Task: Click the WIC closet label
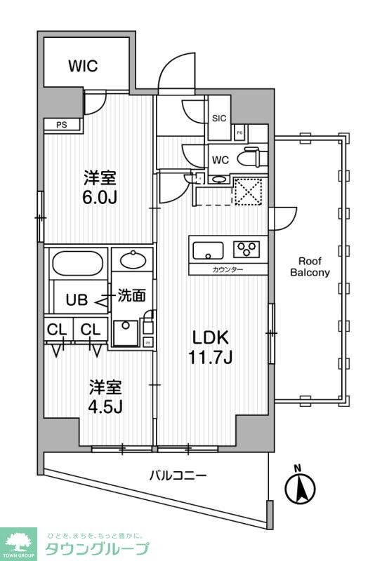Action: tap(83, 67)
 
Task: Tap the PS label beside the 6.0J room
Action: tap(62, 126)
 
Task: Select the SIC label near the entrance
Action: tap(219, 119)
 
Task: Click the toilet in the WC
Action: tap(249, 158)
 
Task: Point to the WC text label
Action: tap(221, 160)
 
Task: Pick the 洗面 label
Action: tap(131, 296)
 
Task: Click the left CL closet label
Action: tap(57, 329)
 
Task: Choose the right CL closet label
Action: tap(89, 329)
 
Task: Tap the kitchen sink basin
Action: tap(208, 249)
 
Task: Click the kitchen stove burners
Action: tap(247, 248)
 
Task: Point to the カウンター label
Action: tap(228, 269)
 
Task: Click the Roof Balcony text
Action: tap(310, 267)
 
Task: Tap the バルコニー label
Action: tap(178, 476)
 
